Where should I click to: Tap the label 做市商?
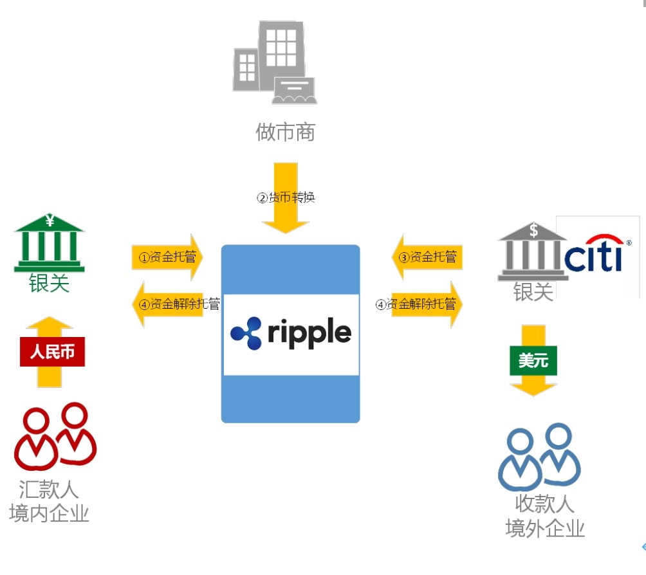[x=285, y=132]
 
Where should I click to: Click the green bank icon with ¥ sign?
[x=50, y=244]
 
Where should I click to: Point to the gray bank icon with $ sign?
[x=532, y=251]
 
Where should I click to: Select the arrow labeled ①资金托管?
[x=167, y=258]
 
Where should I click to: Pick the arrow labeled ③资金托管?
[x=427, y=257]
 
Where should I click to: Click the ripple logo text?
[x=308, y=333]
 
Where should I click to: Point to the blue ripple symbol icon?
[x=246, y=333]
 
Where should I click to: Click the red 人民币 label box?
[x=52, y=352]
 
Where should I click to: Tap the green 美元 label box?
[x=533, y=361]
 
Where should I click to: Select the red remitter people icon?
[x=55, y=437]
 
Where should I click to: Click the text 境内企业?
[x=49, y=513]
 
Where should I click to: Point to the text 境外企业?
[x=545, y=528]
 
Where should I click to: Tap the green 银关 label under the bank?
[x=49, y=283]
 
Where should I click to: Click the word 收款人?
[x=544, y=504]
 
